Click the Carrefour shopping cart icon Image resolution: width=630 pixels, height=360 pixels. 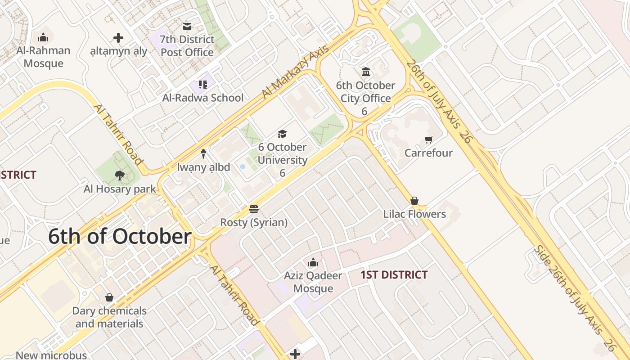(428, 140)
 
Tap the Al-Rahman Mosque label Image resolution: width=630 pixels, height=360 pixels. (44, 57)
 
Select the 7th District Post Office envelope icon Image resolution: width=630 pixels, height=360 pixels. (187, 27)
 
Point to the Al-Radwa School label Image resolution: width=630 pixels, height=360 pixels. (203, 98)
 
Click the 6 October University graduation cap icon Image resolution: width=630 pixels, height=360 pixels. (282, 134)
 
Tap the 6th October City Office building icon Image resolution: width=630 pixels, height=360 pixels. (365, 72)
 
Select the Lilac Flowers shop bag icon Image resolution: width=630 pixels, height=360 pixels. (414, 201)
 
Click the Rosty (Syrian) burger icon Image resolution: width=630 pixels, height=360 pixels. (254, 209)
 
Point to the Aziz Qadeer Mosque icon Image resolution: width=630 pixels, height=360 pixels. (313, 262)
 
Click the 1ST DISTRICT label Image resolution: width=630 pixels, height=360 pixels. (394, 274)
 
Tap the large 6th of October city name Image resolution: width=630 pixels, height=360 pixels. (120, 237)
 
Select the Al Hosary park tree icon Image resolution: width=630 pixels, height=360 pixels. (119, 175)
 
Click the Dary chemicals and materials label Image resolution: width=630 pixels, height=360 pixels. (109, 317)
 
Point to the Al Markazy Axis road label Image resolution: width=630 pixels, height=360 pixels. (295, 72)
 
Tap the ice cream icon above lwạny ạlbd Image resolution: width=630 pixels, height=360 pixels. (203, 154)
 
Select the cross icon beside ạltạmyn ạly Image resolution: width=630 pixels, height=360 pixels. (118, 38)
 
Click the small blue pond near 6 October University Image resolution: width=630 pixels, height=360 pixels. (243, 166)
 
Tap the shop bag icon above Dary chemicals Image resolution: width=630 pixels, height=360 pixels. (109, 297)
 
